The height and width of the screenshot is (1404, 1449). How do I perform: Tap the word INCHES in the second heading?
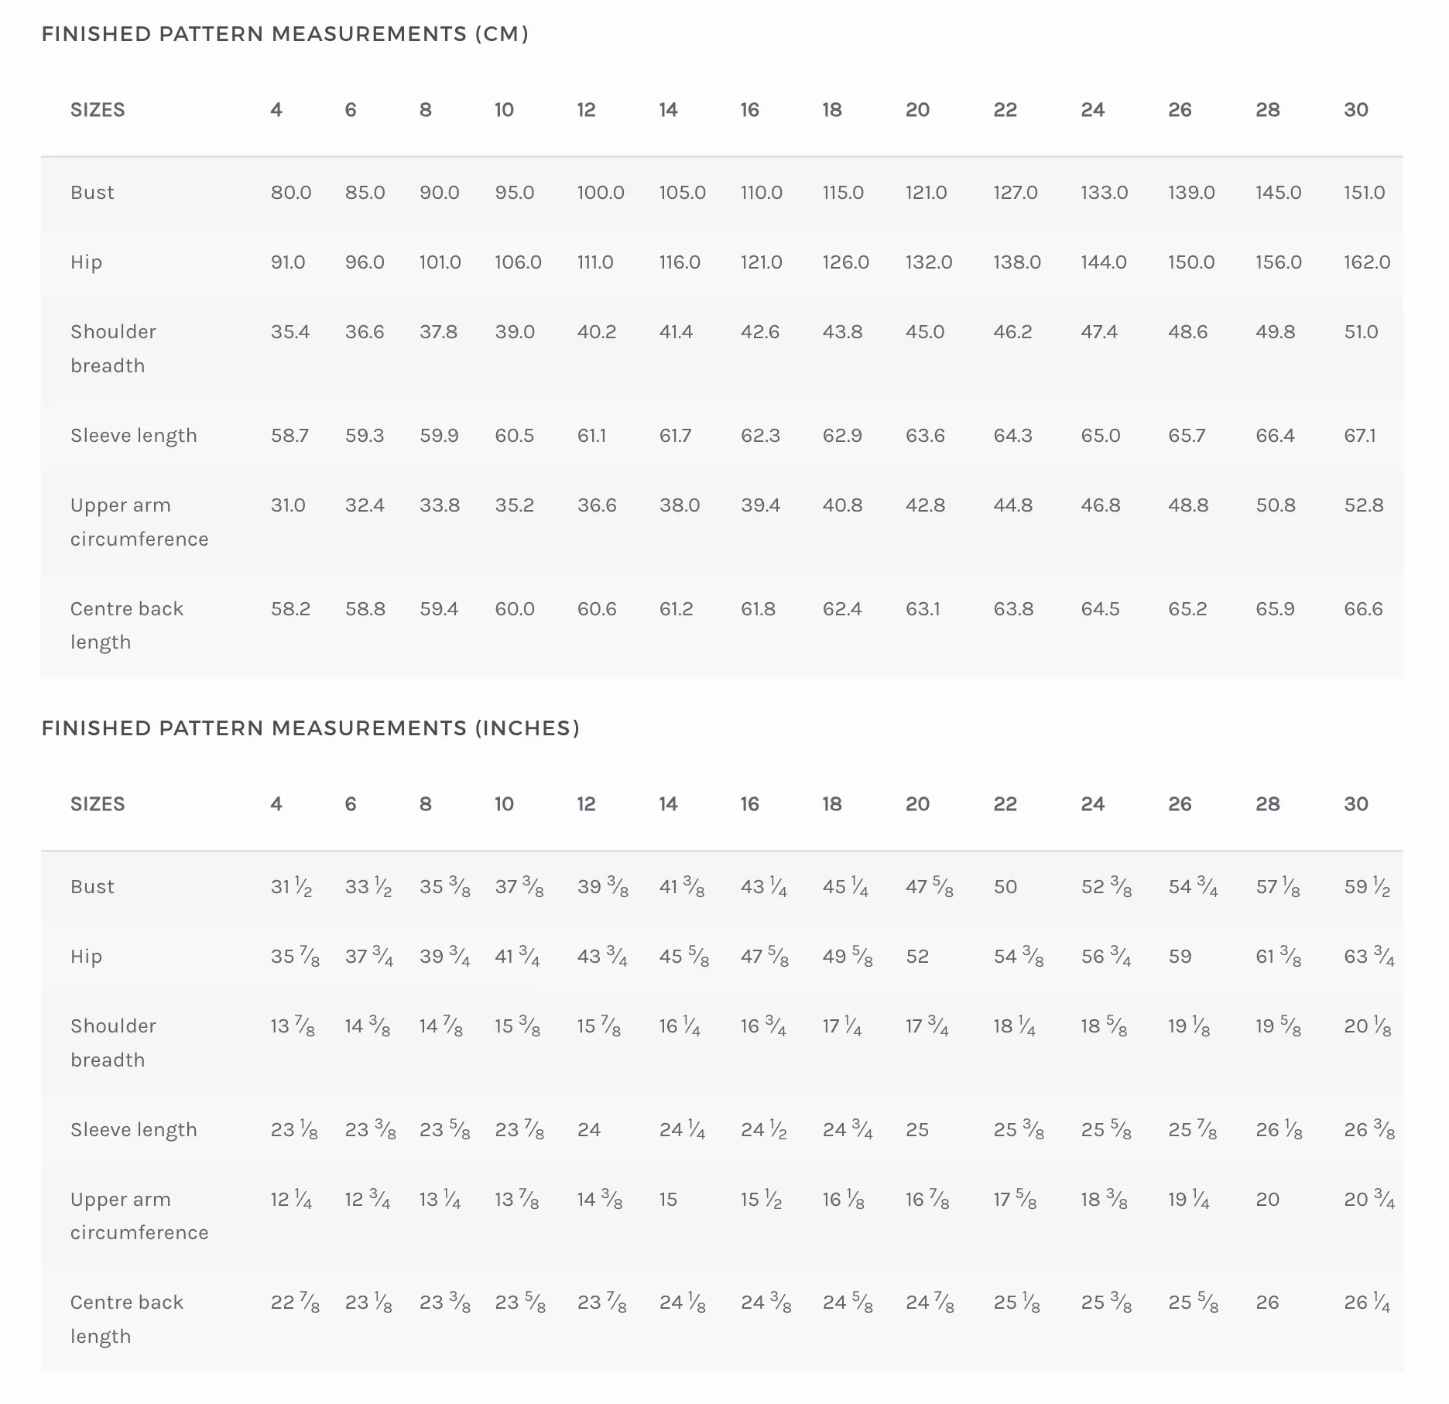click(x=527, y=728)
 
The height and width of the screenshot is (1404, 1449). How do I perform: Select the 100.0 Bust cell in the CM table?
click(x=601, y=193)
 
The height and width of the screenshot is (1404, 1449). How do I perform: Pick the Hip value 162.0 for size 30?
click(x=1367, y=262)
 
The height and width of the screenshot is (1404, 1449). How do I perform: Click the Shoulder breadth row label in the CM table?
click(x=113, y=348)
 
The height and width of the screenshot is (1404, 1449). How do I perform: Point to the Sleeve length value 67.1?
click(x=1360, y=436)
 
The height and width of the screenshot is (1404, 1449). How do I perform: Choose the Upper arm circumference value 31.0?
click(x=288, y=505)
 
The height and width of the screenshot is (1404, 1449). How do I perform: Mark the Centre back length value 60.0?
click(x=515, y=609)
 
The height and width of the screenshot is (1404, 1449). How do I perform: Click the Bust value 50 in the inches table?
click(x=1005, y=887)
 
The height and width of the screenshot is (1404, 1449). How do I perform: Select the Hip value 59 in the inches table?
click(x=1180, y=957)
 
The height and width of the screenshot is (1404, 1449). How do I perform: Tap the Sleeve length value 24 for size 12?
click(x=589, y=1130)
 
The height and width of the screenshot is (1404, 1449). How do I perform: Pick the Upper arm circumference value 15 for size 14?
click(x=668, y=1200)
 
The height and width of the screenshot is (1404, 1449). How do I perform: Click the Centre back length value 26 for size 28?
click(x=1267, y=1303)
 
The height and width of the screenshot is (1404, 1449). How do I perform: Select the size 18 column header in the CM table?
click(x=832, y=110)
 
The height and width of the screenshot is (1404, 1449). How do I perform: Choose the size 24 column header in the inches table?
click(x=1093, y=804)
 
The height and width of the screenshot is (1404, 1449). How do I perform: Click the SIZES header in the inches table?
click(x=98, y=804)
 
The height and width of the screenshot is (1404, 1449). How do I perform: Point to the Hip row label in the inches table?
click(x=86, y=957)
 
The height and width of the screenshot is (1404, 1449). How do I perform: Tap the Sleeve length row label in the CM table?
click(x=134, y=436)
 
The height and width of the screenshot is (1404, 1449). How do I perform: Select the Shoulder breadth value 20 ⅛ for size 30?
click(x=1368, y=1026)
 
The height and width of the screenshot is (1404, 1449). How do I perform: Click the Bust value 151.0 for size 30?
click(x=1365, y=193)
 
